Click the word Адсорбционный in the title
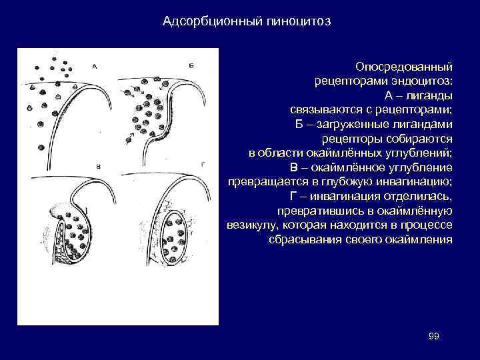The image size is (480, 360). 202,22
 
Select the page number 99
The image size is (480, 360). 433,335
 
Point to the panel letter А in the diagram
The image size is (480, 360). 95,66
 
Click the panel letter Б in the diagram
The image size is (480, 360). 191,65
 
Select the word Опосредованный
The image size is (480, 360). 404,67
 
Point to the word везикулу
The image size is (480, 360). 252,225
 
